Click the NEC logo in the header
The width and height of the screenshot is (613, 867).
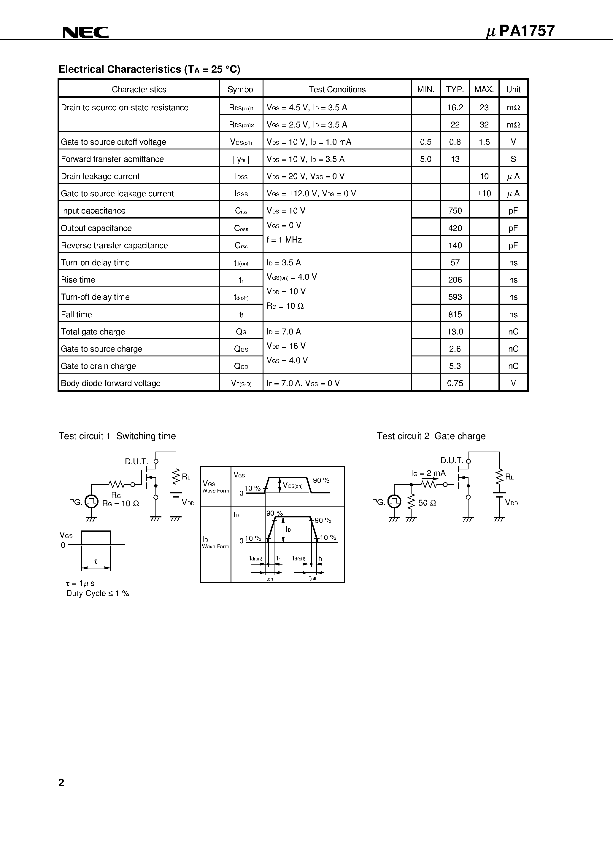pos(85,33)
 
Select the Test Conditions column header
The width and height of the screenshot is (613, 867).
pos(337,90)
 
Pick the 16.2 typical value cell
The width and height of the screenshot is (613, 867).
pos(455,108)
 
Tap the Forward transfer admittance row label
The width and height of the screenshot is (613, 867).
pos(112,159)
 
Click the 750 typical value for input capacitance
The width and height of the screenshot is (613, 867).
pos(455,211)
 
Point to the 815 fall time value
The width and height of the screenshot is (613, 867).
pos(455,314)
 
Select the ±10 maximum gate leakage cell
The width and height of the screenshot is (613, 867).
pos(484,194)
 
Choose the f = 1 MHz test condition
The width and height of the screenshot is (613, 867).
pos(284,240)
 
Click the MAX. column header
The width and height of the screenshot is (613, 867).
pos(484,90)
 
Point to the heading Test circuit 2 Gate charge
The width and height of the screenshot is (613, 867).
pos(431,436)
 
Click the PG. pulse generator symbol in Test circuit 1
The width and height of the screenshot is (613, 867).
pos(91,501)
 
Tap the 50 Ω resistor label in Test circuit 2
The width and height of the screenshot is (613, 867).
pos(427,503)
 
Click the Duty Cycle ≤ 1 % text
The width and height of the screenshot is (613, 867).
pos(98,593)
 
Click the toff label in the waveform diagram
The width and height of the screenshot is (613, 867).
pos(312,578)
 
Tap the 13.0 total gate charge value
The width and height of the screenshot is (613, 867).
pos(455,332)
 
